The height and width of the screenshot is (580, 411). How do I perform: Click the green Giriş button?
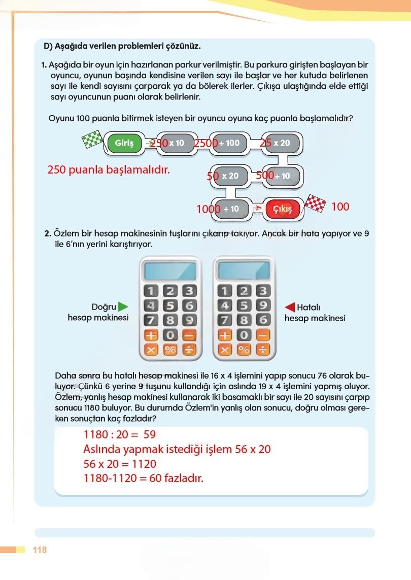(x=124, y=143)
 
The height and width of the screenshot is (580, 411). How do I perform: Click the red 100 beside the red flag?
(x=340, y=207)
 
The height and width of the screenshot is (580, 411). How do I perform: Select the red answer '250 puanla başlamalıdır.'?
(x=108, y=170)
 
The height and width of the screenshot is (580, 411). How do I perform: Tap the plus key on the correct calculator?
(x=151, y=335)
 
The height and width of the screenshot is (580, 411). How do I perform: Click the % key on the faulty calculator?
(x=244, y=350)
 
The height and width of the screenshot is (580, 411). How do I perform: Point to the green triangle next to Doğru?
(x=123, y=306)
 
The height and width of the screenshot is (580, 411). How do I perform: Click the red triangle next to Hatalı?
(x=290, y=307)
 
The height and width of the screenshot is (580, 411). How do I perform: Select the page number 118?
(x=40, y=550)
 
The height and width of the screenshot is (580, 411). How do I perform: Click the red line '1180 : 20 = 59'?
(x=120, y=435)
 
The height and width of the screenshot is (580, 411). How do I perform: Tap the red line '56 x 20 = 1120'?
(x=120, y=464)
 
